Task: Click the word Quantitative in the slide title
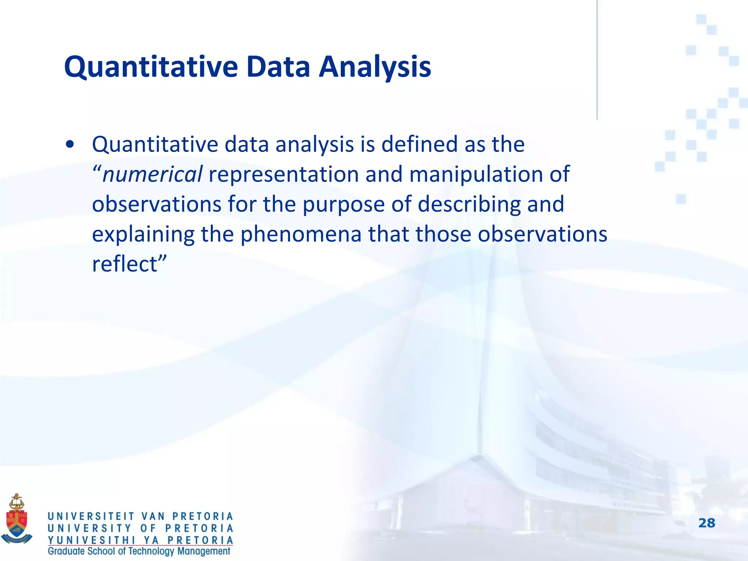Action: coord(150,68)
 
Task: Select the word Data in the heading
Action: coord(278,67)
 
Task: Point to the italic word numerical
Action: coord(152,174)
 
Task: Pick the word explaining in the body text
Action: coord(143,235)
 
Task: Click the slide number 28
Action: coord(706,523)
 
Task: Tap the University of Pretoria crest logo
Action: coord(17,519)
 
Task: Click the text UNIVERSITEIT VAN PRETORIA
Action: coord(140,516)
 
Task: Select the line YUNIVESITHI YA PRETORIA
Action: coord(140,540)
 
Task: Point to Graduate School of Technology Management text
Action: coord(139,551)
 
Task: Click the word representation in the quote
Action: coord(283,174)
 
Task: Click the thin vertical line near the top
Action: coord(597,58)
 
